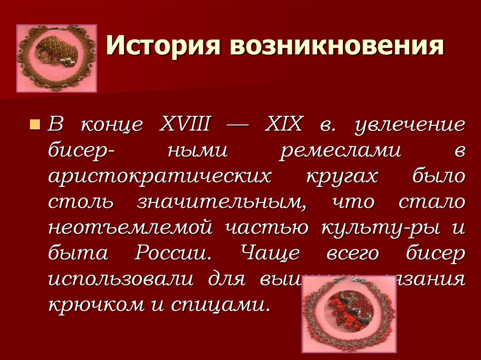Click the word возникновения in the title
click(x=337, y=49)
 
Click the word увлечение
click(x=410, y=125)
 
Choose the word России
click(x=172, y=253)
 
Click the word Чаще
click(x=271, y=253)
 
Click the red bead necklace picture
click(x=349, y=314)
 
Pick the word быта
click(x=78, y=253)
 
